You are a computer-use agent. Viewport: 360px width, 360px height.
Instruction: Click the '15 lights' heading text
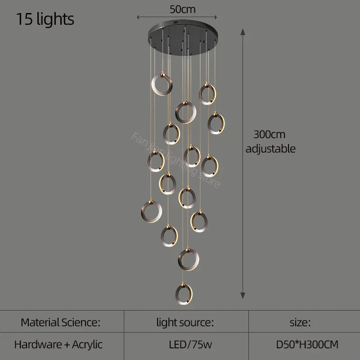[45, 19]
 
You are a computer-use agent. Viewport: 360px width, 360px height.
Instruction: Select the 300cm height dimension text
[269, 134]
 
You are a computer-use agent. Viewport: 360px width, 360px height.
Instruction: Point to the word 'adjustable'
[270, 148]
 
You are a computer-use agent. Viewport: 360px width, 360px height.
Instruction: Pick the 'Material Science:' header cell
[60, 322]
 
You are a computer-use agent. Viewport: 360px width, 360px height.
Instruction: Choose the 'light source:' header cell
[184, 322]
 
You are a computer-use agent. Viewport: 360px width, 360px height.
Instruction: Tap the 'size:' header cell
[300, 322]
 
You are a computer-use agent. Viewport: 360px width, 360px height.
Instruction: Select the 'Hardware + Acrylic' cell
[58, 345]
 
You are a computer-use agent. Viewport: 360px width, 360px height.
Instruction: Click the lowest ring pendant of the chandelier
[184, 293]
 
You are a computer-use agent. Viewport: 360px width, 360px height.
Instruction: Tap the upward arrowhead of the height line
[243, 30]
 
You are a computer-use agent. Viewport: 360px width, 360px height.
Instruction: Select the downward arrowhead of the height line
[243, 295]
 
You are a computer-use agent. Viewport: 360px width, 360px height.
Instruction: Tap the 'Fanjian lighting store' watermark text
[175, 160]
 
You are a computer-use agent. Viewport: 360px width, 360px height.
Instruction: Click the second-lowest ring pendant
[189, 259]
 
